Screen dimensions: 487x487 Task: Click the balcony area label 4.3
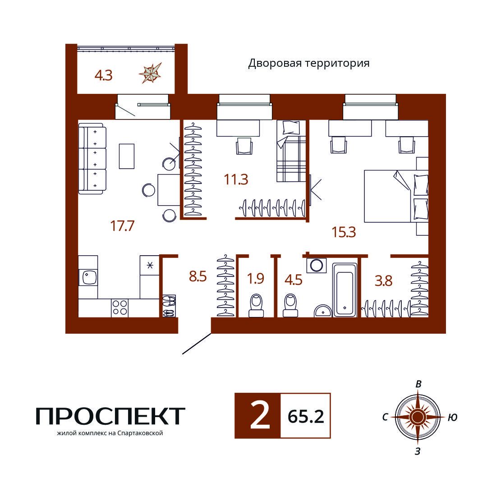103,75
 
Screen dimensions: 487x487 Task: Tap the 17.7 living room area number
122,226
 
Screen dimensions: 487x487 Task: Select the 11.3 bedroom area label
236,179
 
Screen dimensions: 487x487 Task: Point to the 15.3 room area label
344,232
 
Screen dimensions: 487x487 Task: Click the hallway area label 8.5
198,276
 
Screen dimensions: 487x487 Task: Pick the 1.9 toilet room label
256,279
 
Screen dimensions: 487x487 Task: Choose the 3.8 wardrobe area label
384,281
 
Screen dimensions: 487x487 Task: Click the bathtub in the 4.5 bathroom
345,290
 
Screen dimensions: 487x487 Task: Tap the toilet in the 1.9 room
256,305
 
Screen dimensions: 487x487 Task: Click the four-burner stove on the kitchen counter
119,308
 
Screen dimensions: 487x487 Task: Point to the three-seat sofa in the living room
92,158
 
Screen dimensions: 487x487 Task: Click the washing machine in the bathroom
317,265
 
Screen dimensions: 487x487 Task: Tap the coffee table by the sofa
127,156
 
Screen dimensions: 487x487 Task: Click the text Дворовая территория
309,64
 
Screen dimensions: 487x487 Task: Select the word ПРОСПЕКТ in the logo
110,416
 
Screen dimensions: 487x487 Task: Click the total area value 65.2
306,417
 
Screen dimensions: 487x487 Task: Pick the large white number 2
260,416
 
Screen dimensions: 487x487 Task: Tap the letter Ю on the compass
453,418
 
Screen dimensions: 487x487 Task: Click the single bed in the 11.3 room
291,151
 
